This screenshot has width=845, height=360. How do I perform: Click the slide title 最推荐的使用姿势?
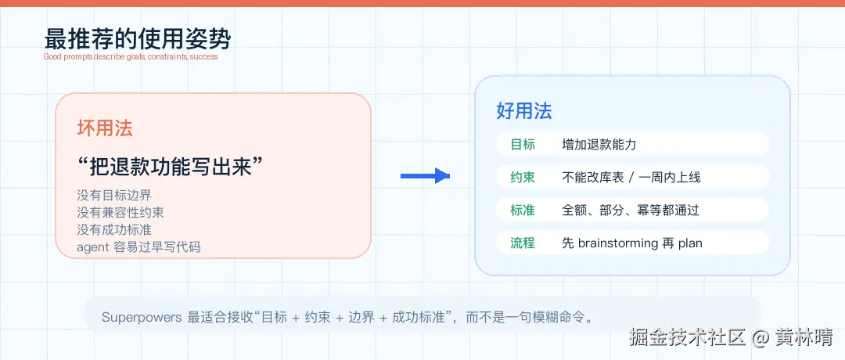[x=138, y=39]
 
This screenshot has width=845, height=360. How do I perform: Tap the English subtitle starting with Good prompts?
[x=131, y=56]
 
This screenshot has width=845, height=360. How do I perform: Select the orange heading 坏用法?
[x=105, y=128]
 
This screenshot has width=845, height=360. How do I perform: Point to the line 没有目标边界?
[x=114, y=195]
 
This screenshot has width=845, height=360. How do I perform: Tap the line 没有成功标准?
[x=114, y=229]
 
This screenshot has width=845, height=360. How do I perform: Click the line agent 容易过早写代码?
[x=138, y=247]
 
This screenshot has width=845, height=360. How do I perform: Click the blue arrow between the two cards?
[x=425, y=175]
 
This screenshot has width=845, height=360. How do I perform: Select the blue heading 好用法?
[x=523, y=111]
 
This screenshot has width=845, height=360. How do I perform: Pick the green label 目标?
[x=523, y=145]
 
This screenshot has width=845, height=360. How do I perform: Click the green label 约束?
[x=523, y=178]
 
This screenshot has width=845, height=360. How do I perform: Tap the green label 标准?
[x=523, y=211]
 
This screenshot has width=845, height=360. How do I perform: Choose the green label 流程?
[x=523, y=243]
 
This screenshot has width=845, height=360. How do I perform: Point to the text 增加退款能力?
[x=599, y=145]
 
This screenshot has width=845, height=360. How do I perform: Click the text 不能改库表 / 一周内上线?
[x=631, y=178]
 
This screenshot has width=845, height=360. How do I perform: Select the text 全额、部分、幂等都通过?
[x=631, y=211]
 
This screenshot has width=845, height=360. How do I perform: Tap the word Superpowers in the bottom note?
[x=142, y=317]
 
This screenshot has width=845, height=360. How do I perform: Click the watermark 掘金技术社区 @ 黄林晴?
[x=731, y=338]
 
